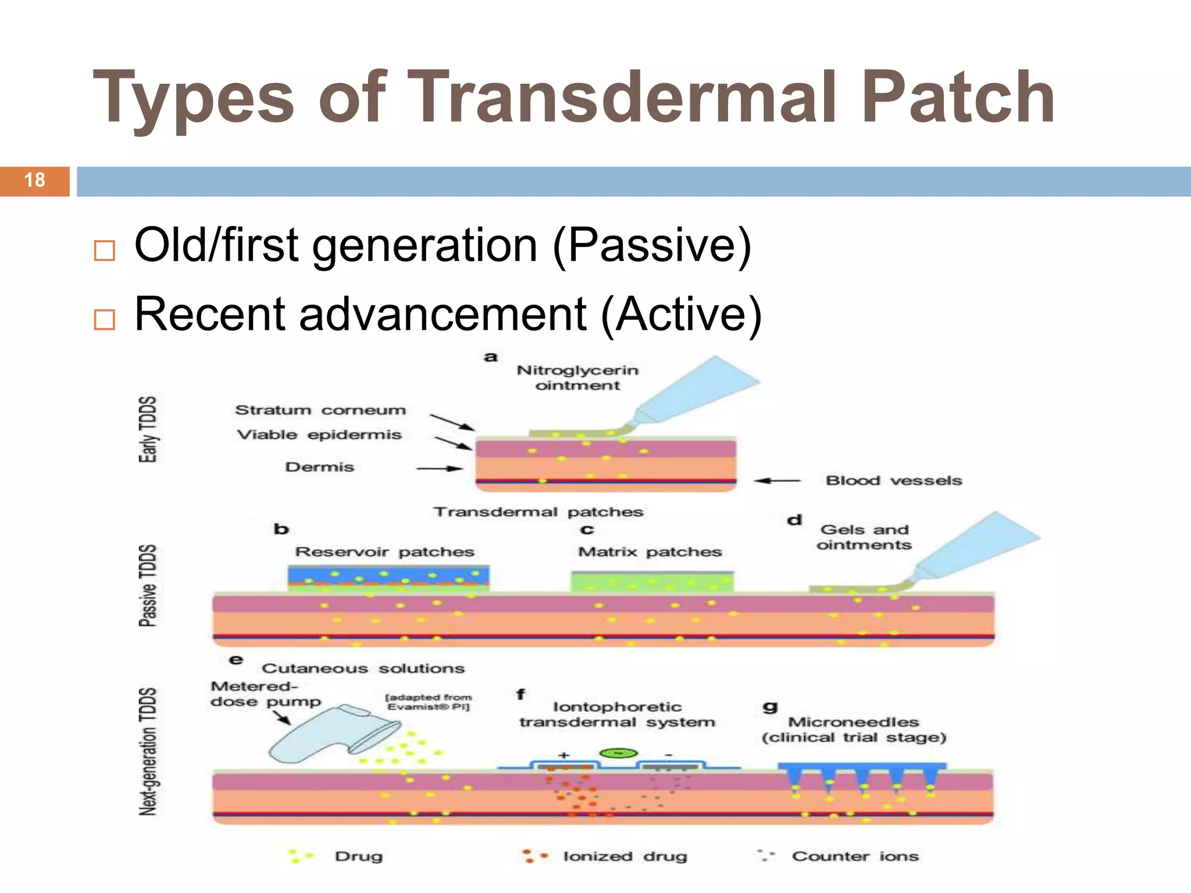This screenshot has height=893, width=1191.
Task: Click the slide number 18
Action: [35, 180]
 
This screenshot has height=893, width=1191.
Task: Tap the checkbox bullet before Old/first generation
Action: [105, 251]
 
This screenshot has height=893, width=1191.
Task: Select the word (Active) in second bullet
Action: [681, 315]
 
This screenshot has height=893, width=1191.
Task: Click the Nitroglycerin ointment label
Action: [577, 378]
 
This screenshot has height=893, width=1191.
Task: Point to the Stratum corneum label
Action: [320, 410]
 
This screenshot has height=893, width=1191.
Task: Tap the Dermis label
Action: [319, 467]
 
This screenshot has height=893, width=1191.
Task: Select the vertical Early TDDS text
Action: [148, 430]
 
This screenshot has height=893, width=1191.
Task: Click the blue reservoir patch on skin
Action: [388, 576]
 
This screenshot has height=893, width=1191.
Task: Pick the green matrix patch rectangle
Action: [651, 582]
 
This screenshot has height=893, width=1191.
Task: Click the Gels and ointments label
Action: [864, 537]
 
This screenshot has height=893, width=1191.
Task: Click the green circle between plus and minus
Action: [618, 753]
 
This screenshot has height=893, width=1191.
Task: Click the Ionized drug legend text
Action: [625, 856]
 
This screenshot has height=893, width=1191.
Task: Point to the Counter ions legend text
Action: [855, 856]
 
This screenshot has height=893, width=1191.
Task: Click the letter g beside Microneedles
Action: [770, 706]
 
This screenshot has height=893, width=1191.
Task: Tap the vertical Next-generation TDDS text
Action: [148, 751]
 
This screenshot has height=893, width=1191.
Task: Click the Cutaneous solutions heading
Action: [363, 669]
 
